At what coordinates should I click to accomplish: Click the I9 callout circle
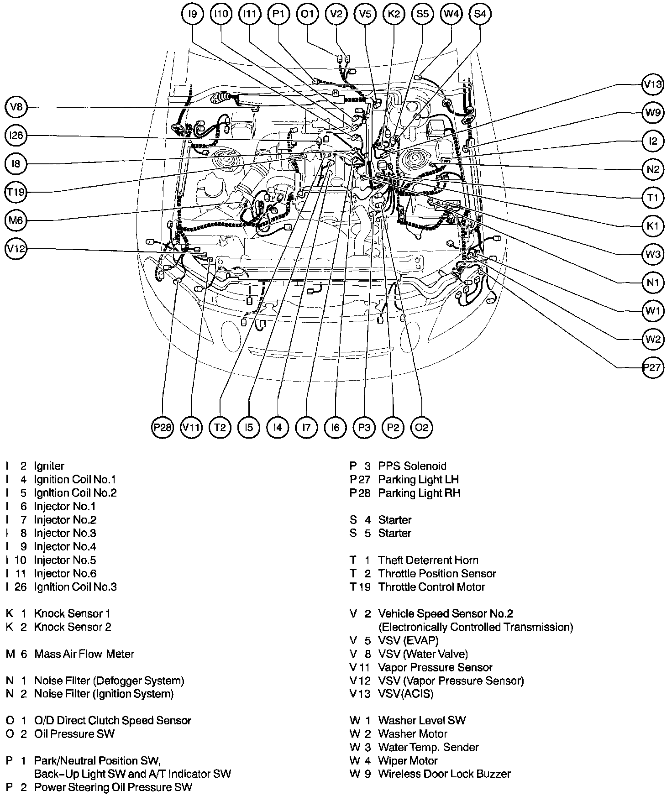point(193,14)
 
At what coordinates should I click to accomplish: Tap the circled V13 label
point(653,84)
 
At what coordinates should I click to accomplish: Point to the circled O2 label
point(421,427)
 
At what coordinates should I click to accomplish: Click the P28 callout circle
point(163,427)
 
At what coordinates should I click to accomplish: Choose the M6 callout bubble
point(16,221)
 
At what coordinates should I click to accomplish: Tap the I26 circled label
point(16,136)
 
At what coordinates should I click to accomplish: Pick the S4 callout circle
point(480,14)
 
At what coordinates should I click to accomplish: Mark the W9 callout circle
point(653,113)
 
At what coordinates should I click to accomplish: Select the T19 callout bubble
point(16,192)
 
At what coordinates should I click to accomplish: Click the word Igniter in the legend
point(49,466)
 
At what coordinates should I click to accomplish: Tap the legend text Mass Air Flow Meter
point(84,654)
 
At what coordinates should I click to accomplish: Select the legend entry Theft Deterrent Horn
point(428,560)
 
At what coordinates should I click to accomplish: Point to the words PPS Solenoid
point(412,466)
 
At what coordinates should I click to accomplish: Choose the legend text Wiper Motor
point(408,761)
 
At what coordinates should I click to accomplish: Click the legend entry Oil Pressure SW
point(74,734)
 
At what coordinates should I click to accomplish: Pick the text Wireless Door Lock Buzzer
point(444,774)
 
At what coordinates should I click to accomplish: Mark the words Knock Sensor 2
point(73,627)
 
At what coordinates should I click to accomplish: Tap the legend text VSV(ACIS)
point(406,694)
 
